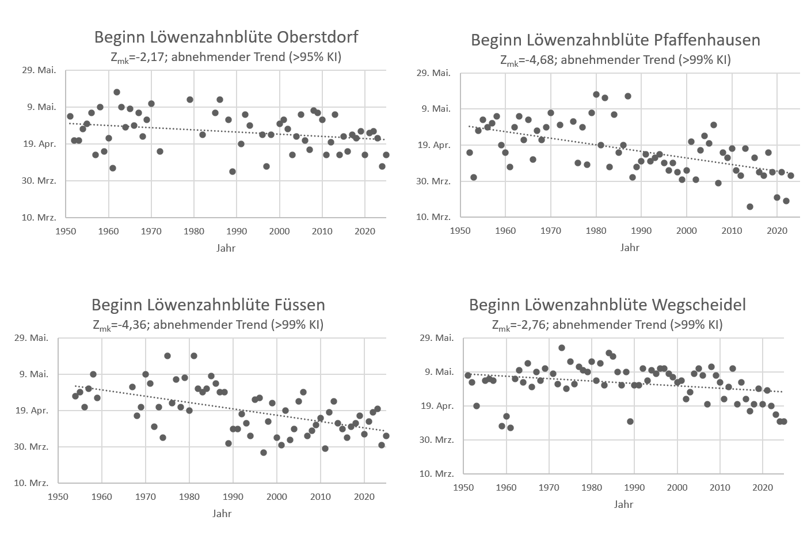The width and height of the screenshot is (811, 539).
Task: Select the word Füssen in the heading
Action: click(x=296, y=305)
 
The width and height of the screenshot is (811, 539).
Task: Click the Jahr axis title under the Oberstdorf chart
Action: click(x=226, y=248)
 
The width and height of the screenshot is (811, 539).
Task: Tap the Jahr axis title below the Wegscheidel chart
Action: click(x=623, y=504)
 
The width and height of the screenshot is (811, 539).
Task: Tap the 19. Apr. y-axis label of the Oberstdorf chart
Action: click(x=40, y=144)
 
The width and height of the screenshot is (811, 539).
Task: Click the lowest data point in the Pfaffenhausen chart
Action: click(x=749, y=207)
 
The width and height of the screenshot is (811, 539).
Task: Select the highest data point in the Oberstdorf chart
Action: click(x=117, y=92)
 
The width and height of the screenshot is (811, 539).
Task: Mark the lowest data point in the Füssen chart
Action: click(x=264, y=453)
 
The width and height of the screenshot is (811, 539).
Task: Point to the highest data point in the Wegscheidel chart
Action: click(x=562, y=348)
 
